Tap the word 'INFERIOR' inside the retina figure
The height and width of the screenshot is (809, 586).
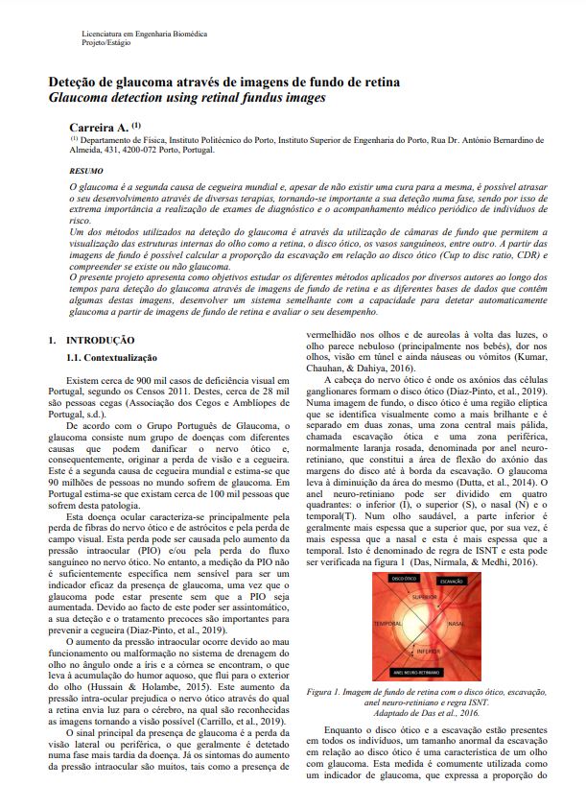click(427, 652)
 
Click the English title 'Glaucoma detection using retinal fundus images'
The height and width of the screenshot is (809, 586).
click(188, 99)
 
